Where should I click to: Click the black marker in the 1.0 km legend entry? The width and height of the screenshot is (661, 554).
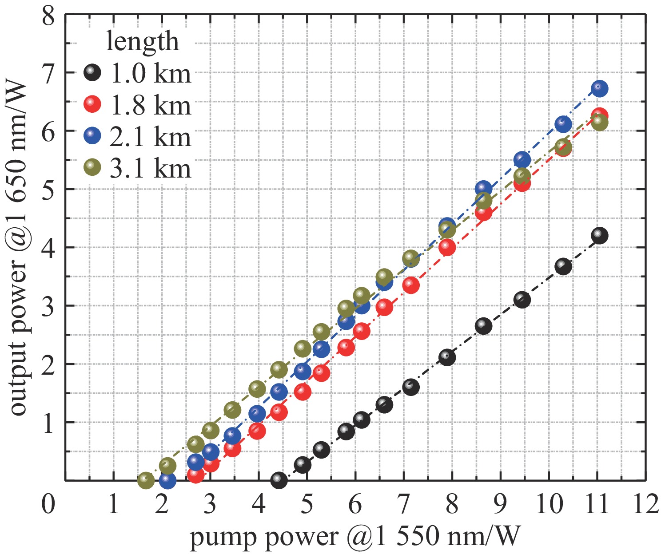pyautogui.click(x=92, y=72)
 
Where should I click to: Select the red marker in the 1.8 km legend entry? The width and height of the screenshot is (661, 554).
pyautogui.click(x=92, y=104)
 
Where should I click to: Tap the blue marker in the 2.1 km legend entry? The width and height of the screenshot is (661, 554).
pyautogui.click(x=92, y=135)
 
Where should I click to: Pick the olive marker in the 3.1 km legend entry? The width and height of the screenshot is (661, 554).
pyautogui.click(x=92, y=167)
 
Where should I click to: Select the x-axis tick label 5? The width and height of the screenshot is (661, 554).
pyautogui.click(x=307, y=505)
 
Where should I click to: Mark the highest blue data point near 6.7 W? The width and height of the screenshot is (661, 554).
pyautogui.click(x=599, y=88)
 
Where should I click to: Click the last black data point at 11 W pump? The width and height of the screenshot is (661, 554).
pyautogui.click(x=599, y=235)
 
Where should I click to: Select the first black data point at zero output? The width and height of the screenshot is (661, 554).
pyautogui.click(x=279, y=480)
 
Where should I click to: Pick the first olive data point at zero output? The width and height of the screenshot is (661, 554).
pyautogui.click(x=146, y=480)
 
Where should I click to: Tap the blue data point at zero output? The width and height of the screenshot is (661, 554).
pyautogui.click(x=167, y=480)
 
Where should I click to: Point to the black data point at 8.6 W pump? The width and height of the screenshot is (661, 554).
pyautogui.click(x=483, y=326)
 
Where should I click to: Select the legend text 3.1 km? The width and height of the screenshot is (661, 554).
pyautogui.click(x=150, y=168)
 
